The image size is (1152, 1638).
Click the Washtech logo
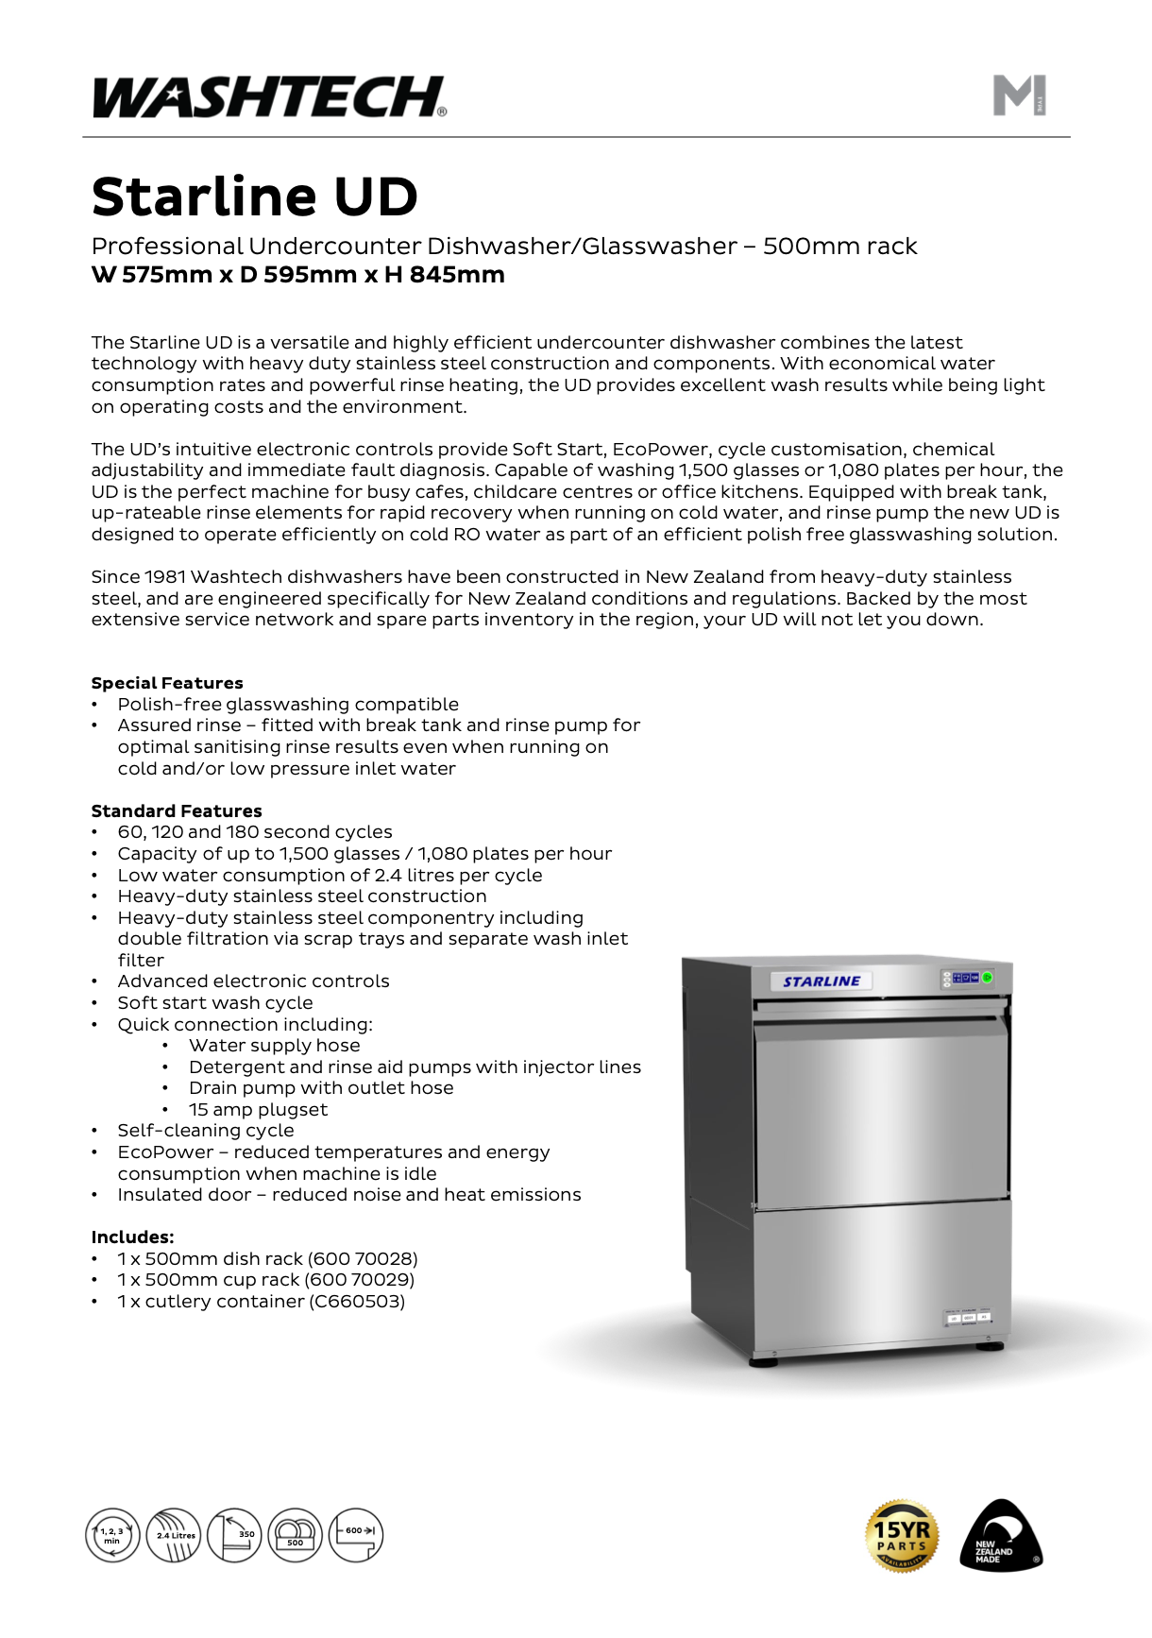click(269, 96)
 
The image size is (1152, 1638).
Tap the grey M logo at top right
click(1019, 95)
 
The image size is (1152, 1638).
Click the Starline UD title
click(254, 196)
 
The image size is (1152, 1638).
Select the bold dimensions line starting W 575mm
click(297, 275)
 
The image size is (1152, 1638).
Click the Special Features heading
click(167, 683)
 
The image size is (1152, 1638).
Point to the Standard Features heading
click(177, 810)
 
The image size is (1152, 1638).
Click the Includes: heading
click(132, 1237)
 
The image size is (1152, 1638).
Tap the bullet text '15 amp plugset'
click(258, 1109)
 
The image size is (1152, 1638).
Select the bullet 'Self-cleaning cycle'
click(205, 1130)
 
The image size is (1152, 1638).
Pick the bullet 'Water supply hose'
click(274, 1045)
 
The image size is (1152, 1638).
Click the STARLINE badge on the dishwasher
click(821, 981)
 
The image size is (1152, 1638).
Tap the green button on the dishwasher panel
click(987, 978)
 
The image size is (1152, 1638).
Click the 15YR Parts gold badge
click(902, 1535)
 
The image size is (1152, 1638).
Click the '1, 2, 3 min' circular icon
click(112, 1535)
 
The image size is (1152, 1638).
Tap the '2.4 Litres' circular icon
click(174, 1535)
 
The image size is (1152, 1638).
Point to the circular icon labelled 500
click(296, 1535)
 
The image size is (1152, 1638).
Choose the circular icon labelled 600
click(356, 1535)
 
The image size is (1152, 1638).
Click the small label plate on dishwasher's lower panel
click(969, 1317)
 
